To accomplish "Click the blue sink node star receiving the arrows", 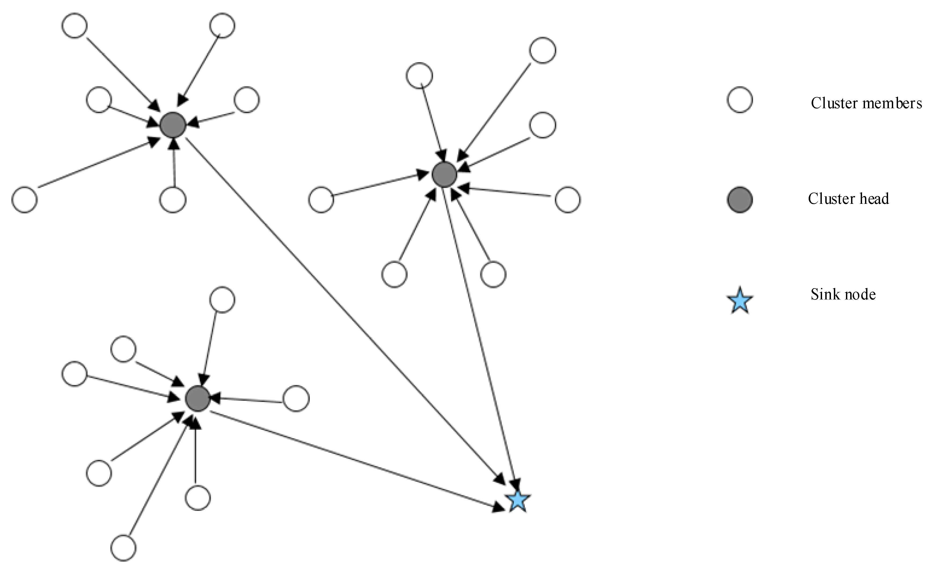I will point(518,501).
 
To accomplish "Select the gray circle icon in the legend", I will point(740,200).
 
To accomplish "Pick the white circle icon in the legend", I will point(740,100).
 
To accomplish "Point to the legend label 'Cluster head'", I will point(848,198).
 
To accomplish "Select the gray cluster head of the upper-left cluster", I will point(173,125).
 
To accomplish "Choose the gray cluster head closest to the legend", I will point(444,174).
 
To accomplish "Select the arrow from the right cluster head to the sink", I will point(480,333).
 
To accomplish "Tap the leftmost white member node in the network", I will point(25,199).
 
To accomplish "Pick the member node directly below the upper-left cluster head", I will point(173,199).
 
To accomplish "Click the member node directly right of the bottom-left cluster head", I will point(296,399).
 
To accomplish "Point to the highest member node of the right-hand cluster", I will point(543,50).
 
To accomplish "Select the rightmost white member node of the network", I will point(567,199).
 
